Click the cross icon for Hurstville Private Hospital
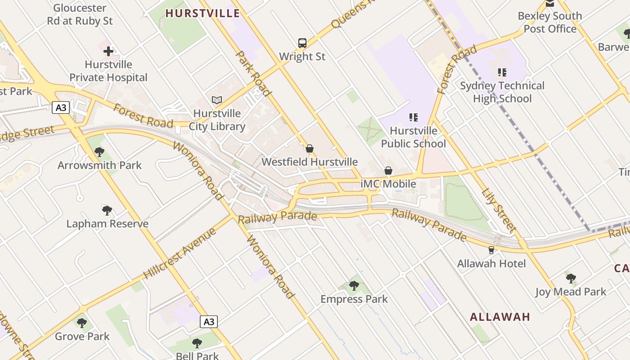tap(108, 51)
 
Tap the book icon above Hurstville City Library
tap(217, 100)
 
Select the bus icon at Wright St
tap(302, 43)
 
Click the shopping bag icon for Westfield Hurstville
tap(310, 148)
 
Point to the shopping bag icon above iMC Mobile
tap(388, 171)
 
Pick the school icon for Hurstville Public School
tap(413, 117)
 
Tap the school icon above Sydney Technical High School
tap(502, 72)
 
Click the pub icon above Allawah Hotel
tap(491, 250)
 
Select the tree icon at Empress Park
tap(354, 285)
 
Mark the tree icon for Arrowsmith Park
tap(99, 152)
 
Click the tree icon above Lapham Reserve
tap(107, 210)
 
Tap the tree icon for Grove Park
tap(82, 323)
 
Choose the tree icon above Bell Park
tap(197, 343)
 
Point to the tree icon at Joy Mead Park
tap(571, 278)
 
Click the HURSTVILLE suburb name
tap(202, 13)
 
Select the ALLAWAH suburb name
tap(500, 317)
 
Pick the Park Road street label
tap(254, 74)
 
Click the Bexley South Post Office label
tap(550, 22)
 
